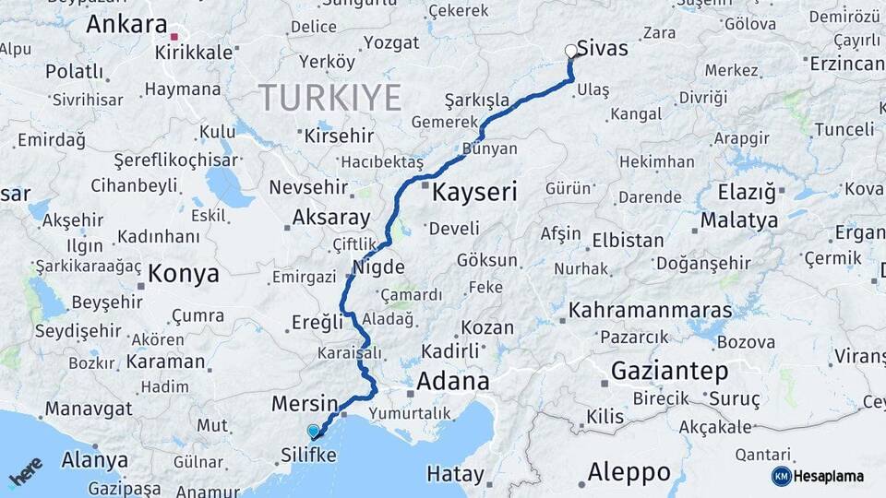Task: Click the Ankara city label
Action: (x=126, y=25)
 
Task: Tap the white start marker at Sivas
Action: (x=571, y=52)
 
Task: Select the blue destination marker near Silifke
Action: (x=314, y=431)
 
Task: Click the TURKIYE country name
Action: (x=329, y=97)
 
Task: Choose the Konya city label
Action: (x=184, y=274)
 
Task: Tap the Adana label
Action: (x=452, y=382)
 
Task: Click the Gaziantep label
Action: (x=669, y=372)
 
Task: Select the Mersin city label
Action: (x=305, y=404)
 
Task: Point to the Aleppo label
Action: (x=629, y=473)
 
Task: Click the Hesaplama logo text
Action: (x=832, y=476)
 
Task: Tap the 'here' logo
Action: (x=25, y=471)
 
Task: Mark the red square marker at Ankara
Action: (x=174, y=37)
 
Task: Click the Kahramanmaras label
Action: (x=650, y=310)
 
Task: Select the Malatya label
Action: (x=738, y=220)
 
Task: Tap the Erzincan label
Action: (x=844, y=64)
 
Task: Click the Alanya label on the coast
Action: (x=95, y=460)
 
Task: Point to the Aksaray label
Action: (x=331, y=219)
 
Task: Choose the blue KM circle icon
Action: (x=781, y=476)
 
